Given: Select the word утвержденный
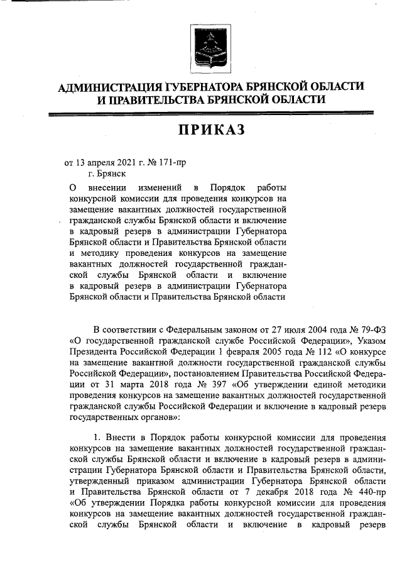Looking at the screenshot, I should (x=98, y=480).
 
